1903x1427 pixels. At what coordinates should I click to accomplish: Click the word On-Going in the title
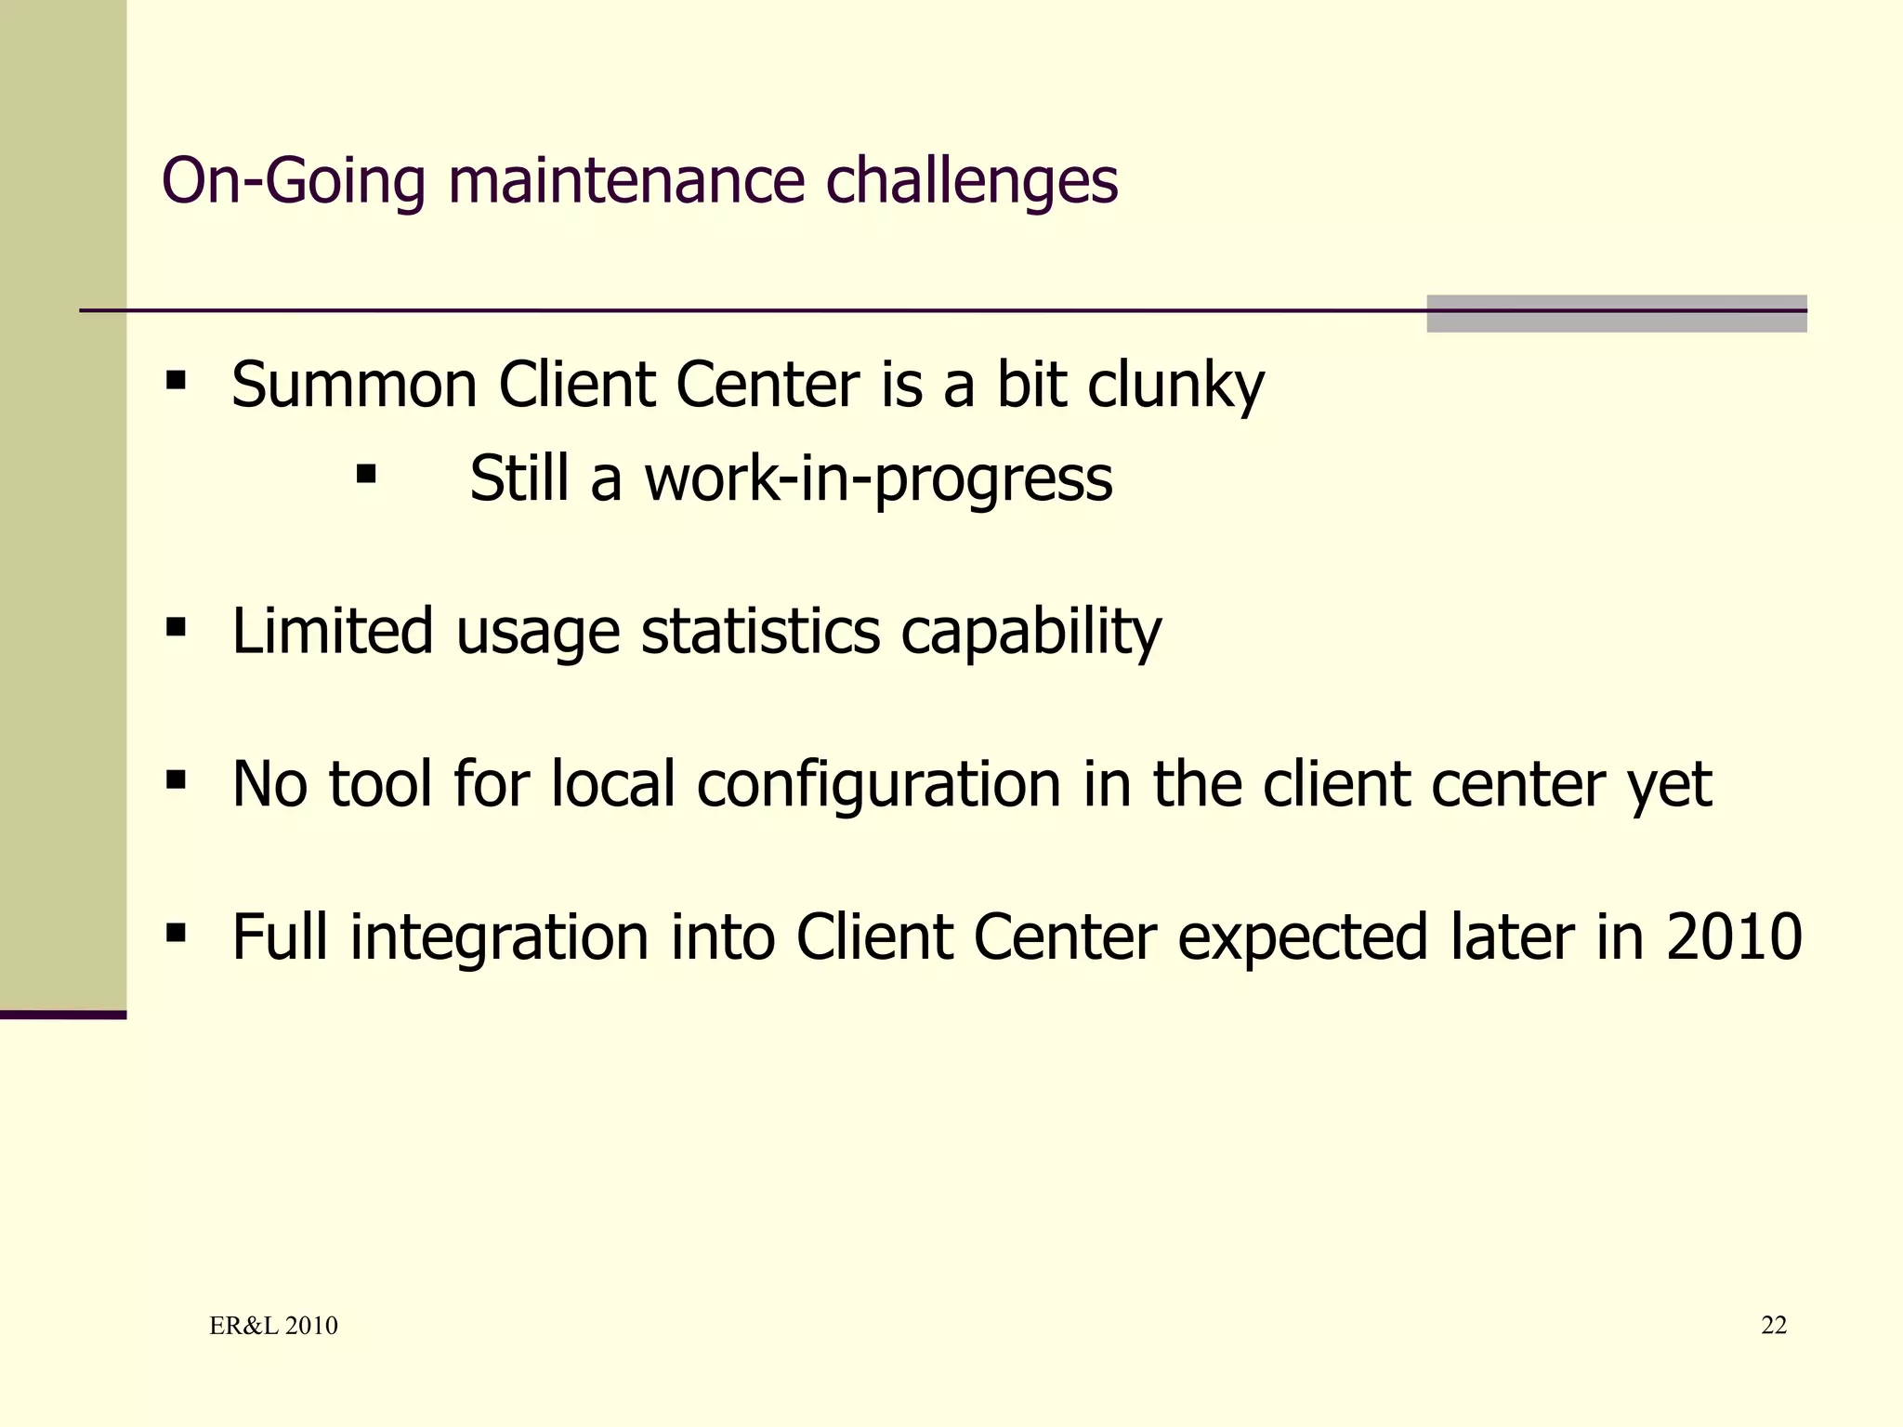pyautogui.click(x=293, y=181)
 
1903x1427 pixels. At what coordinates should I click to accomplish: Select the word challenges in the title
pyautogui.click(x=971, y=181)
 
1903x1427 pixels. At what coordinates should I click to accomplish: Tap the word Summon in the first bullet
pyautogui.click(x=353, y=385)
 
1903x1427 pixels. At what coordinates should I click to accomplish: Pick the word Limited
pyautogui.click(x=333, y=631)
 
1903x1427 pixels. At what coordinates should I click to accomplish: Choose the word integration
pyautogui.click(x=499, y=937)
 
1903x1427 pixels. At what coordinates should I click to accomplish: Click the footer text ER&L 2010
pyautogui.click(x=273, y=1326)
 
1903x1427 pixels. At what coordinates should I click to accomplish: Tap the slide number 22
pyautogui.click(x=1773, y=1326)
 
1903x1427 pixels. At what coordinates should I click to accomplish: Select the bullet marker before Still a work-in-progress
pyautogui.click(x=366, y=476)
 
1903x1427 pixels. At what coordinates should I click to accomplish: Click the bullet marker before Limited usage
pyautogui.click(x=176, y=628)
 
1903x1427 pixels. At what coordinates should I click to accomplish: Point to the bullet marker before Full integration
pyautogui.click(x=176, y=933)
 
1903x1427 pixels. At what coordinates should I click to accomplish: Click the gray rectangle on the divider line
pyautogui.click(x=1616, y=314)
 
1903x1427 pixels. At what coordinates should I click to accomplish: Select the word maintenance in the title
pyautogui.click(x=625, y=181)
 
